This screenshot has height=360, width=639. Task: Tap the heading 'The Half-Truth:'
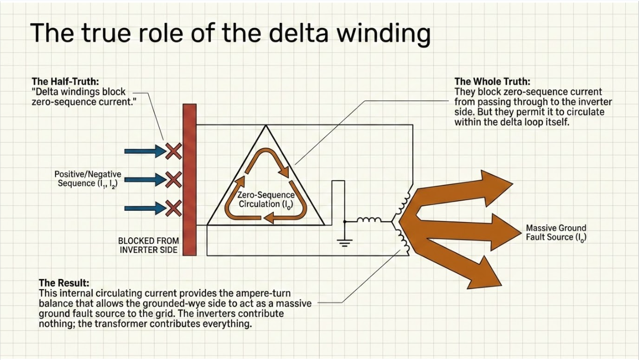(65, 81)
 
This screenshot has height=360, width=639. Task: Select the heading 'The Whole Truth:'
(492, 81)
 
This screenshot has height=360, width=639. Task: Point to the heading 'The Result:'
(64, 283)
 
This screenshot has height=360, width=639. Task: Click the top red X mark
(174, 151)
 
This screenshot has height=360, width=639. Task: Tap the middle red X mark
(174, 180)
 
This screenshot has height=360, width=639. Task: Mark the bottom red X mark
(174, 208)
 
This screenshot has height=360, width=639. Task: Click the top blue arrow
(145, 151)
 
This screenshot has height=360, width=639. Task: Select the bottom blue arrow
(145, 208)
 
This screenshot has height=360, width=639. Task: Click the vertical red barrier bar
(189, 180)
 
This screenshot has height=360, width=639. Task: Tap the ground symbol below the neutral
(345, 243)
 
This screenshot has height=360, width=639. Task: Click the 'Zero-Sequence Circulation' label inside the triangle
(266, 200)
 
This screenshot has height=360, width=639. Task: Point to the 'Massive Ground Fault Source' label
(556, 233)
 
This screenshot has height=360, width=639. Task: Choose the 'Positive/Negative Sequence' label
(88, 179)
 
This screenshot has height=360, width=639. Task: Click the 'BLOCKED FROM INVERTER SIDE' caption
(148, 245)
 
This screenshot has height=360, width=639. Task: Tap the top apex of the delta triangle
(266, 125)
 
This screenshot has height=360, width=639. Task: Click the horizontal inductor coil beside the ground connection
(369, 220)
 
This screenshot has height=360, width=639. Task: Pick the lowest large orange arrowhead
(485, 274)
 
